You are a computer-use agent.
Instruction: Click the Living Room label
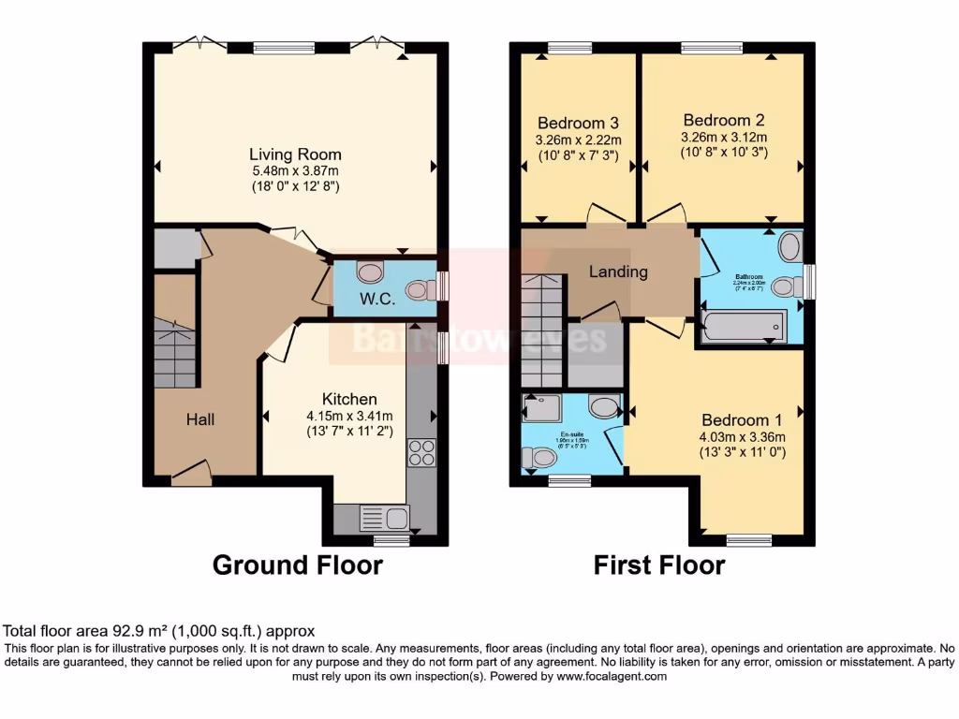[295, 154]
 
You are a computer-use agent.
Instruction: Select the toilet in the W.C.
[419, 291]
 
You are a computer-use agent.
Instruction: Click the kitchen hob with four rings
[421, 452]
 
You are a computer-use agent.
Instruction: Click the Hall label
[199, 418]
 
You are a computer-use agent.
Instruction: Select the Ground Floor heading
[297, 565]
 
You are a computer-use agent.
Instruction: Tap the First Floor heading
[658, 565]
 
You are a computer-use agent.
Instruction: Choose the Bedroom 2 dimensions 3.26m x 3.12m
[724, 136]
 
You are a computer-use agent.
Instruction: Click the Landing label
[618, 271]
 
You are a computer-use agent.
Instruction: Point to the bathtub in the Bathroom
[745, 327]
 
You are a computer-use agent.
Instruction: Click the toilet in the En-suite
[539, 458]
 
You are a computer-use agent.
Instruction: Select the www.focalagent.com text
[611, 676]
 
